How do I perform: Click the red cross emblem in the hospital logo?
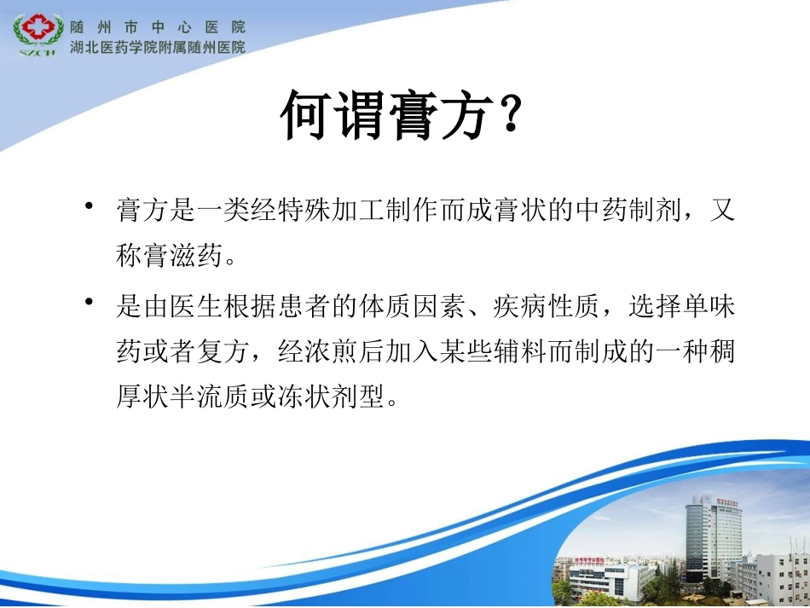click(36, 29)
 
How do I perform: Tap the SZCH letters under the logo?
click(37, 51)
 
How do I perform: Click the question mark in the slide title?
click(509, 117)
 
